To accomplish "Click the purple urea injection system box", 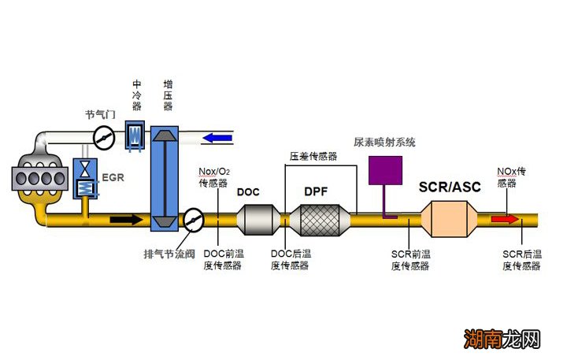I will (386, 170).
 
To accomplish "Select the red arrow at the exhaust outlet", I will (505, 219).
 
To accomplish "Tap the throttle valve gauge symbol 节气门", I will (102, 136).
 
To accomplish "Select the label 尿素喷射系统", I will (384, 143).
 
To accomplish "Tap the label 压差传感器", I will (313, 157).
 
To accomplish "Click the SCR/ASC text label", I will (452, 187).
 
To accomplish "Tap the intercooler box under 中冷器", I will (134, 135).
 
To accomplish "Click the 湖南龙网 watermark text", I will (502, 340).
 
